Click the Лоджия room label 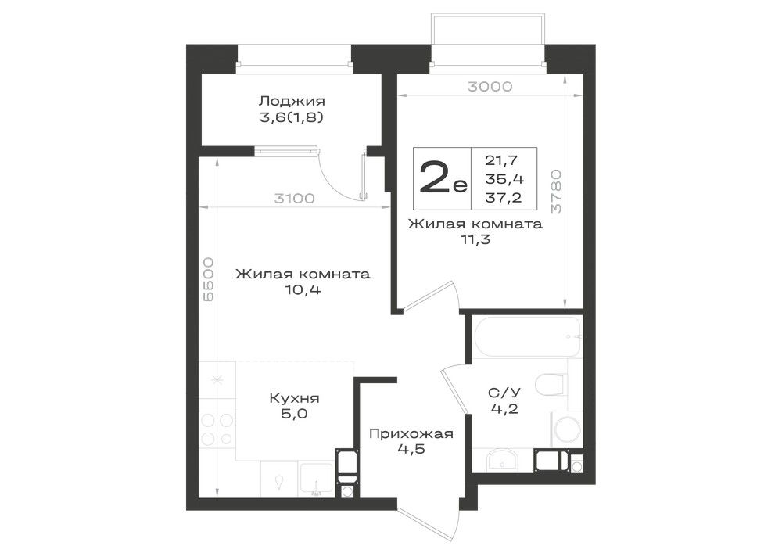point(292,101)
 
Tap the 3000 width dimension point(490,87)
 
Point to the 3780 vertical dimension point(556,192)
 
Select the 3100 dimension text point(294,199)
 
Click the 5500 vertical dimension point(209,279)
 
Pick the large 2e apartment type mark point(443,178)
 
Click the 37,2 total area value point(504,198)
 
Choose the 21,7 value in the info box point(502,160)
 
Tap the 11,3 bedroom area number point(475,240)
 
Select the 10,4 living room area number point(303,289)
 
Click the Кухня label point(294,398)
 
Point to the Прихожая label point(411,434)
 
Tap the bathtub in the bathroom point(526,336)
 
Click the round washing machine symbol point(567,429)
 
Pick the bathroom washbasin point(502,460)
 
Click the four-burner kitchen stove point(217,429)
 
